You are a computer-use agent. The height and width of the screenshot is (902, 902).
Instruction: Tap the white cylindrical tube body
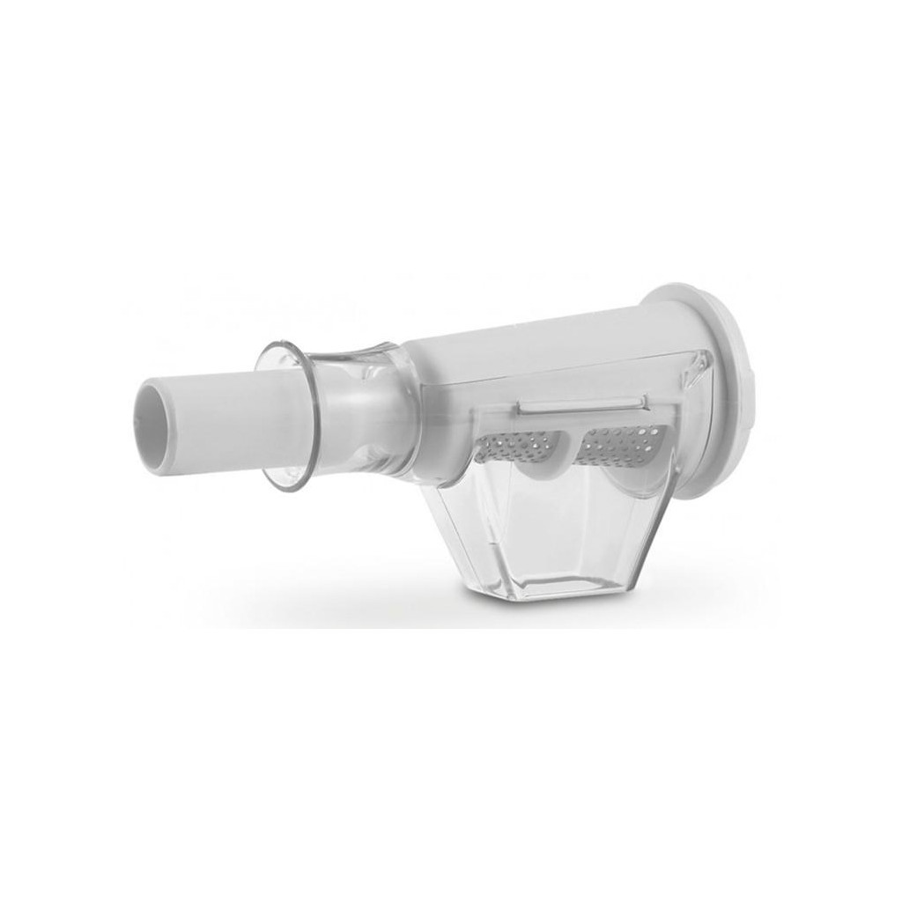(x=220, y=414)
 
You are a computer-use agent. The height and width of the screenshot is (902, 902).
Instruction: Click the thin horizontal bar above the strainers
(x=581, y=403)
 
